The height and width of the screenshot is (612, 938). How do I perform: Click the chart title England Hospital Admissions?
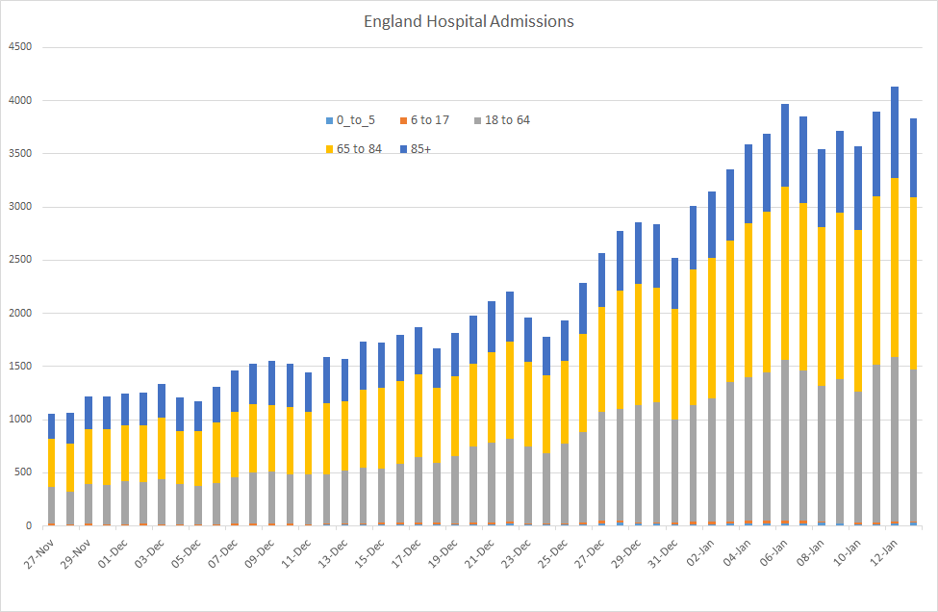click(x=469, y=21)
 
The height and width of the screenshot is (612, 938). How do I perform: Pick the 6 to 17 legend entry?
click(x=429, y=120)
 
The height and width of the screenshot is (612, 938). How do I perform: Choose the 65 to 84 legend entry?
click(x=359, y=149)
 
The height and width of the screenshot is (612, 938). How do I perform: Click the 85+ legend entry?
click(x=424, y=149)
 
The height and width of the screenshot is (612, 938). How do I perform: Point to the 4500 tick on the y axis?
click(x=19, y=47)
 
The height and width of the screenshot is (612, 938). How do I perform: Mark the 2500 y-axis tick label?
click(x=19, y=260)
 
